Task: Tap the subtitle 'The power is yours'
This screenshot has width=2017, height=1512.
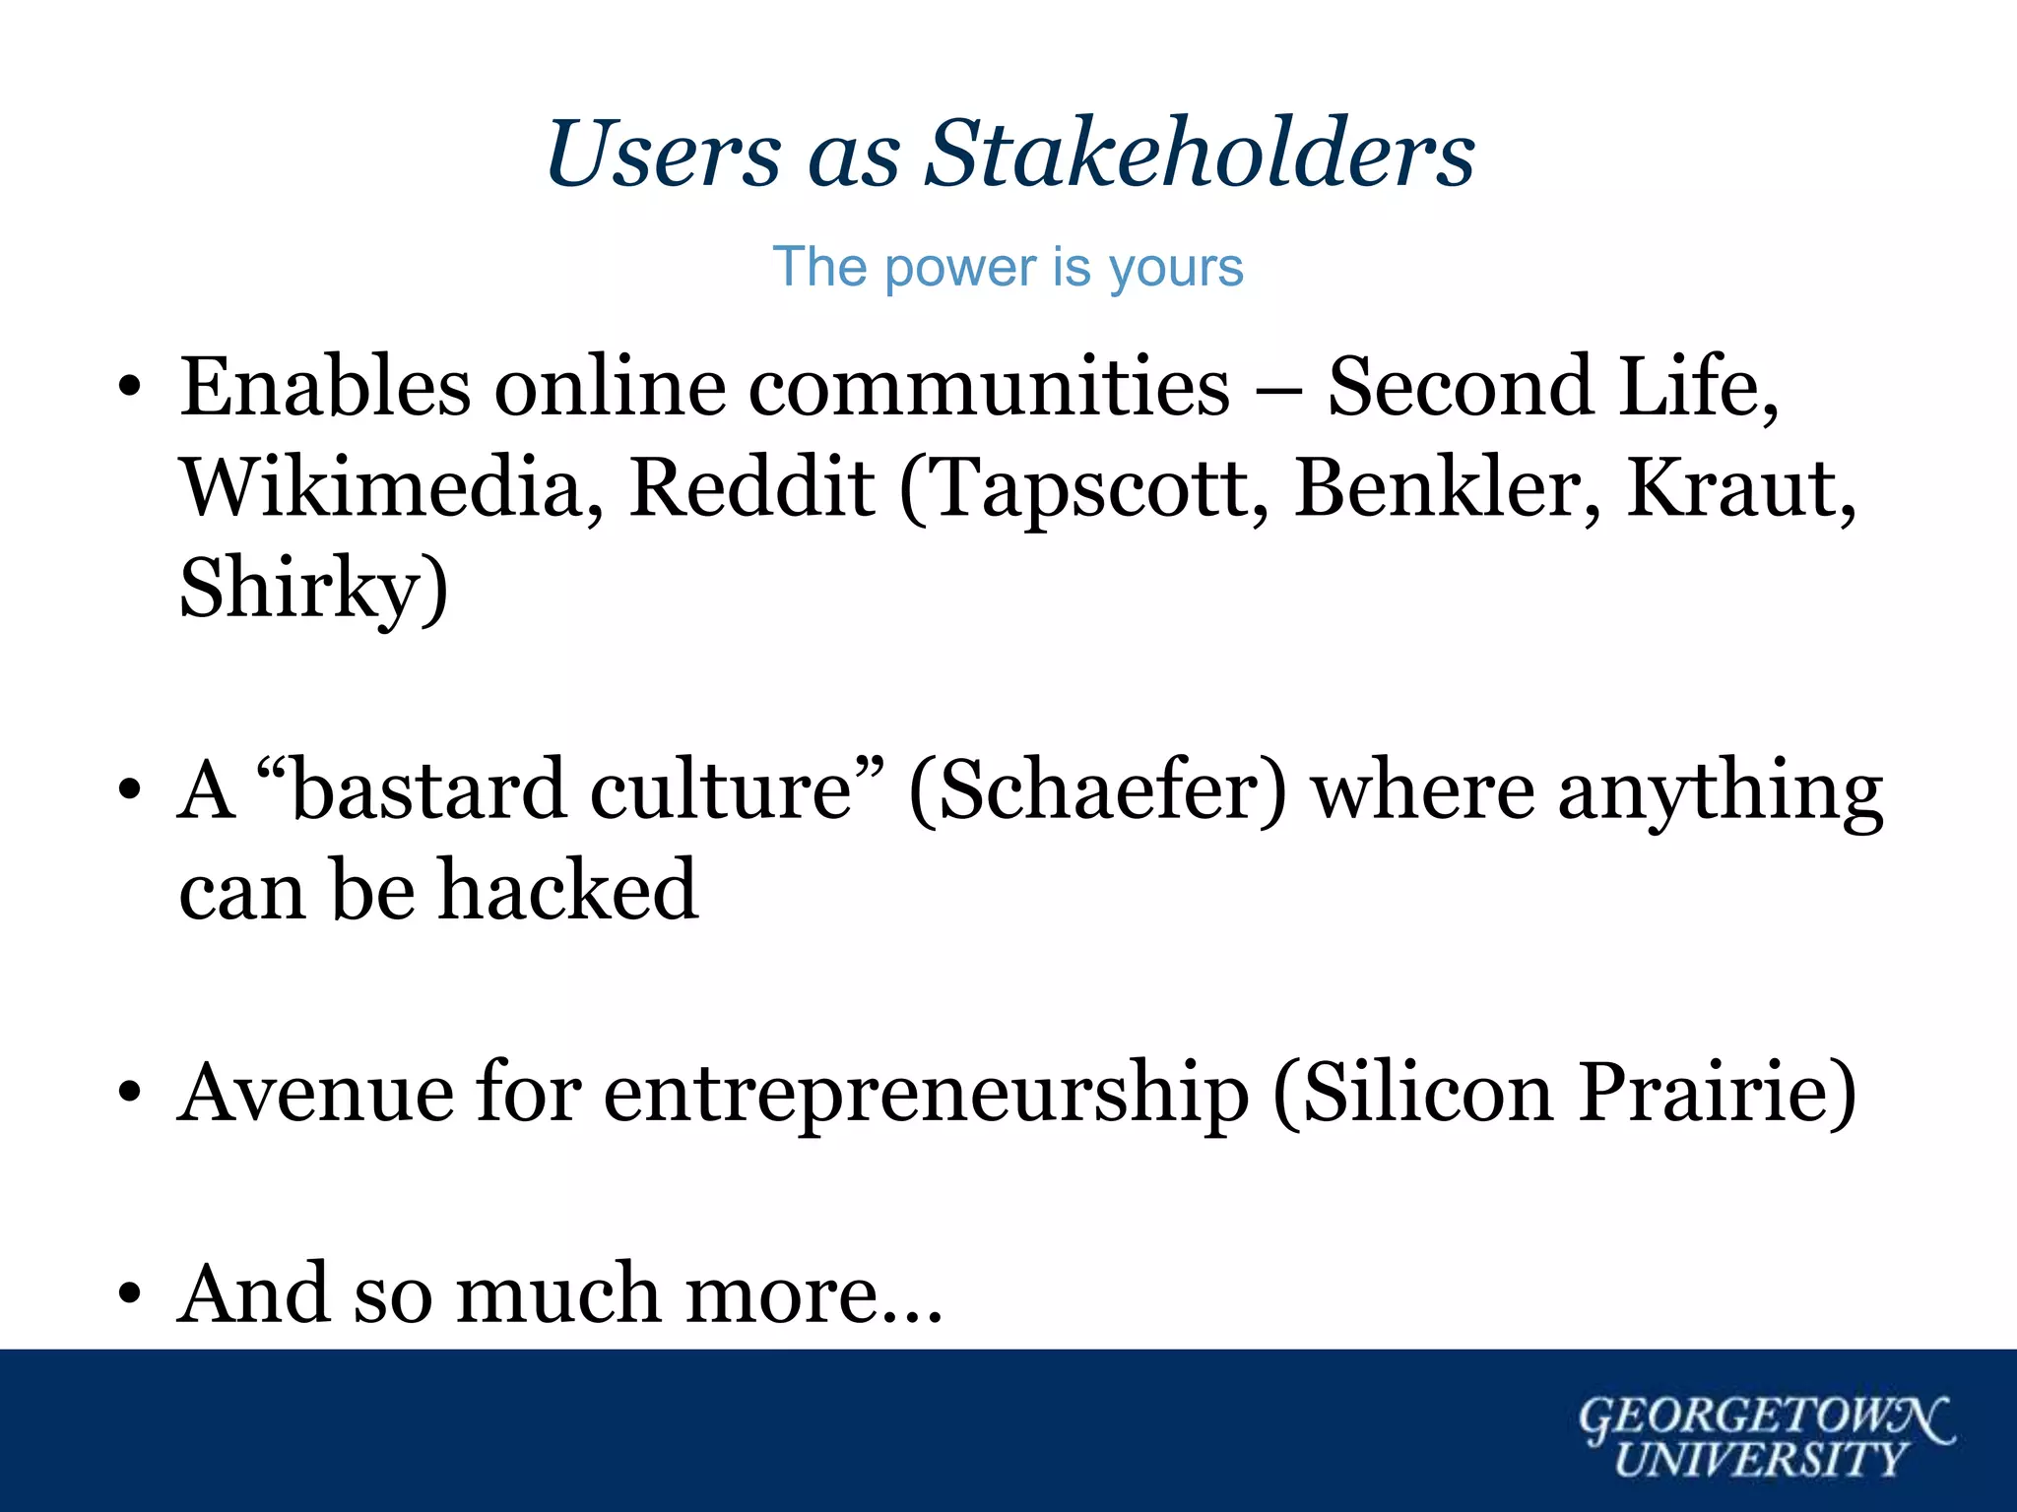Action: point(1008,267)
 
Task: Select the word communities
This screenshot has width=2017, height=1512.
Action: point(989,387)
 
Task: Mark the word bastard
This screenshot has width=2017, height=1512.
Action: point(429,789)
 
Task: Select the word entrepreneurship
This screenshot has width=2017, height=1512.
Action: point(926,1094)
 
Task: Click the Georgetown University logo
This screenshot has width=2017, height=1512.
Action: point(1765,1436)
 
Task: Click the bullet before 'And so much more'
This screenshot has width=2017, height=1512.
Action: point(129,1294)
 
